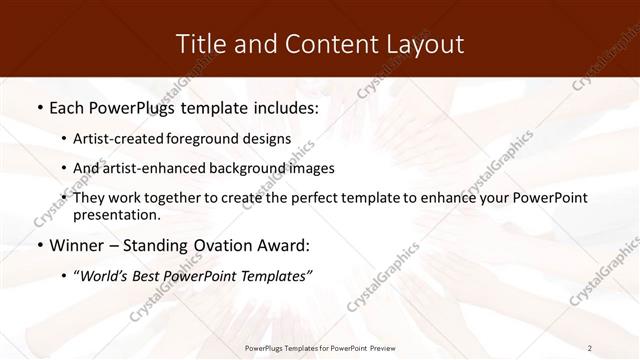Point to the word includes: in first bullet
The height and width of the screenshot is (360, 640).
pos(283,106)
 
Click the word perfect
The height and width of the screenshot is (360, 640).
pos(302,198)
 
